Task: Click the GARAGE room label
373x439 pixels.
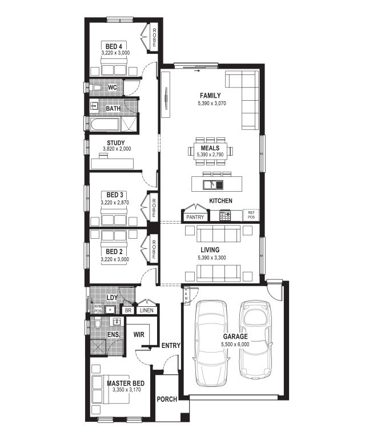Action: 235,336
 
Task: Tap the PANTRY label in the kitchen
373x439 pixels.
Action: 195,217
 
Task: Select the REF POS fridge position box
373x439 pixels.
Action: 251,215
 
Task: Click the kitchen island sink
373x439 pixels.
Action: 213,184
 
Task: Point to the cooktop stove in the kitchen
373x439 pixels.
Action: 225,216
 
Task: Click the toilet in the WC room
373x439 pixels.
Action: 96,88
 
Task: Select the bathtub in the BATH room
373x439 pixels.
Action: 105,124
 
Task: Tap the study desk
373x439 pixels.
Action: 113,164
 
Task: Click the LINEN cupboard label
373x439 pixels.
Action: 147,310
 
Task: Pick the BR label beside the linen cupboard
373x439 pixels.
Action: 128,310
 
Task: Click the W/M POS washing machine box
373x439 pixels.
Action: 98,309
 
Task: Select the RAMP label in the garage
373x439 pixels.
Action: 186,296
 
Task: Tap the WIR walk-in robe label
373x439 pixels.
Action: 139,335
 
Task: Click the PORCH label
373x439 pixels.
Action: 167,399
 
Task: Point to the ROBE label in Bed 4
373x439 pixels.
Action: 154,38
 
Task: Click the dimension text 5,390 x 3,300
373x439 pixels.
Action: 212,258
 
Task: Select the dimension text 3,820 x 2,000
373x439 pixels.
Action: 117,149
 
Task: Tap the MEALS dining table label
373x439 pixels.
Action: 210,148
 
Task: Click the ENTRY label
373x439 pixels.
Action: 171,346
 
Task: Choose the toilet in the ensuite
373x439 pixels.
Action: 98,323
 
